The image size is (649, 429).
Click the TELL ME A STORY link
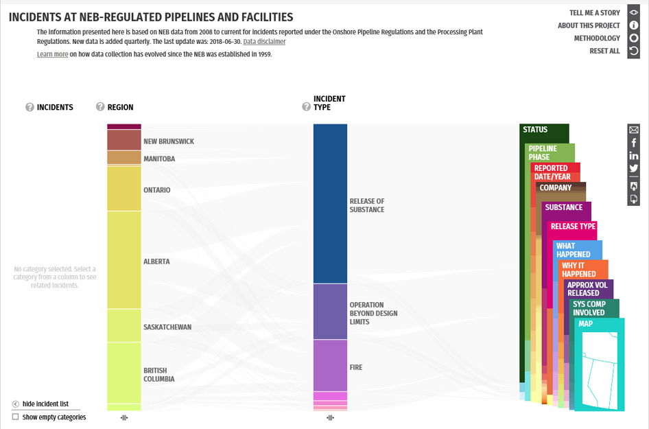[594, 13]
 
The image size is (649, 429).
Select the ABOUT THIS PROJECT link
[589, 25]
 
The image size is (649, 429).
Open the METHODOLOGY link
[597, 38]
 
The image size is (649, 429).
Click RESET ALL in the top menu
[604, 51]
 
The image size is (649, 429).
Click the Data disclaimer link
[264, 42]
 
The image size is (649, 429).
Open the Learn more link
[52, 54]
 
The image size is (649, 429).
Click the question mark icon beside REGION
[100, 107]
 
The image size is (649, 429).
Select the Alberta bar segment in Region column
[123, 261]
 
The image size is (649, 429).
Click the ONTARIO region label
[156, 190]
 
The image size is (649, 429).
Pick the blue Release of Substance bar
[330, 204]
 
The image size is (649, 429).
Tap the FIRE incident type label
[355, 368]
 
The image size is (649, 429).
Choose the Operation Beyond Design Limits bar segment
[330, 312]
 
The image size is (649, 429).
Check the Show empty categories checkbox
[16, 417]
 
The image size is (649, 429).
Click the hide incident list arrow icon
[16, 404]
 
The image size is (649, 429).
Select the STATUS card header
[535, 130]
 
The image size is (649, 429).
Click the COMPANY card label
[555, 188]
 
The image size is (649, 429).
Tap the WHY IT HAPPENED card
[578, 269]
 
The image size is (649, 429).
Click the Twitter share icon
[634, 168]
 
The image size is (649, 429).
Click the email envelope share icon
[634, 130]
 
